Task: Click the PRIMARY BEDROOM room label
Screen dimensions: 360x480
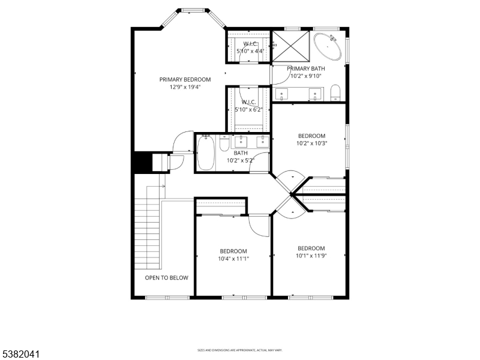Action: (x=185, y=79)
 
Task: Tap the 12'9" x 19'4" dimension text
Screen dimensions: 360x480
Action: (x=185, y=86)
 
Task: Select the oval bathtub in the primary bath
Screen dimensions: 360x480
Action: (x=328, y=46)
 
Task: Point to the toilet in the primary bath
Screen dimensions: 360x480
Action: (x=335, y=92)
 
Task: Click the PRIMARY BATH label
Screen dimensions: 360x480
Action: (x=306, y=68)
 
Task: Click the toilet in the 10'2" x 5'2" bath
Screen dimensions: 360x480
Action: (x=224, y=145)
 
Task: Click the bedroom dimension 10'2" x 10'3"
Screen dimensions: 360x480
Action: (x=311, y=143)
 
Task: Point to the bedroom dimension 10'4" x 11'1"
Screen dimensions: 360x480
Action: (x=233, y=259)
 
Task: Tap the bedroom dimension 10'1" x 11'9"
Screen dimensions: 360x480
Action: (x=311, y=256)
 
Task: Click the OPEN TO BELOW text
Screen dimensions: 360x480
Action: (x=166, y=278)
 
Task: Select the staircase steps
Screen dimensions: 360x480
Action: (x=147, y=234)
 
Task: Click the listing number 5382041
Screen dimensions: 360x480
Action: (x=21, y=355)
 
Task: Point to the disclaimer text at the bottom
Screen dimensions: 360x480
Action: (x=240, y=350)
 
